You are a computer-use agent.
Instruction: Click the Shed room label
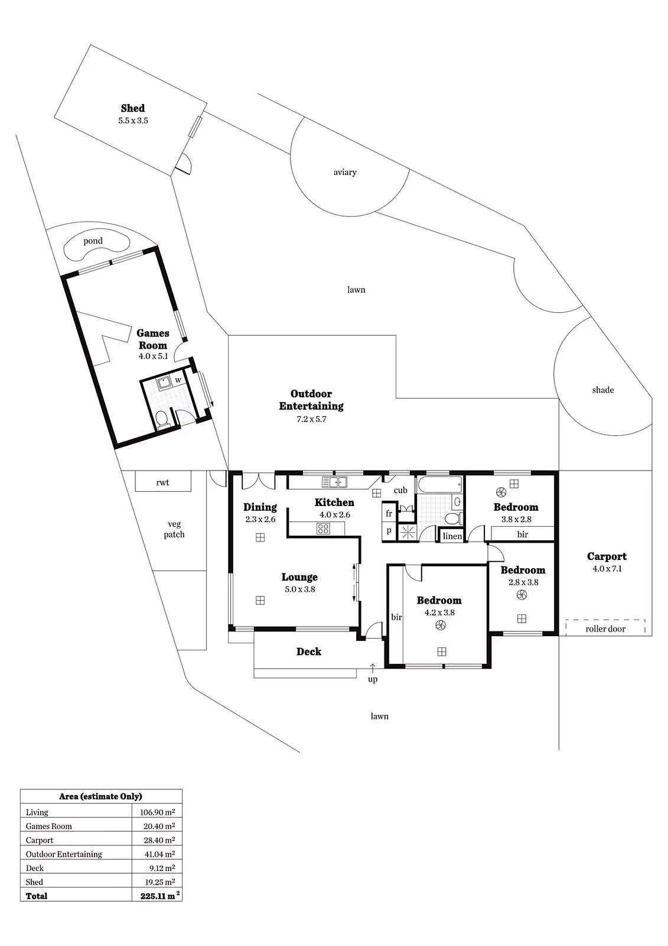click(x=133, y=108)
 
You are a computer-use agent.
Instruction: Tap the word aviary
click(x=345, y=172)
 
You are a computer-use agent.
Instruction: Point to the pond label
click(x=93, y=241)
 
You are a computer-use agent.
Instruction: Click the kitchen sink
click(x=334, y=482)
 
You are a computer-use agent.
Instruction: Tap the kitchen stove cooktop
click(x=323, y=529)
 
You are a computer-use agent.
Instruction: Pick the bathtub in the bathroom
click(x=439, y=485)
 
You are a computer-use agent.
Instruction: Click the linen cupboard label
click(x=452, y=536)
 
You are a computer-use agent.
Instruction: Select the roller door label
click(x=605, y=628)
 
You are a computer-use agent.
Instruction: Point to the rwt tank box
click(x=163, y=481)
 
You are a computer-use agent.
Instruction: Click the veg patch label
click(x=174, y=529)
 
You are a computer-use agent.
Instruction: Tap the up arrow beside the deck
click(x=373, y=668)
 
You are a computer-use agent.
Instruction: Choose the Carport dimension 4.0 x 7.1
click(x=607, y=569)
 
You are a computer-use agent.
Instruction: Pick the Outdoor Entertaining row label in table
click(x=64, y=854)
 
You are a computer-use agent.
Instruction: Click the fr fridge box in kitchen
click(x=389, y=514)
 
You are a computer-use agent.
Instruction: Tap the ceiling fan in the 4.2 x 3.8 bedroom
click(x=440, y=626)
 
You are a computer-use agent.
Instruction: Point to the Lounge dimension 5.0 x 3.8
click(x=300, y=589)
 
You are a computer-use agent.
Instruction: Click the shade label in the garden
click(x=603, y=390)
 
